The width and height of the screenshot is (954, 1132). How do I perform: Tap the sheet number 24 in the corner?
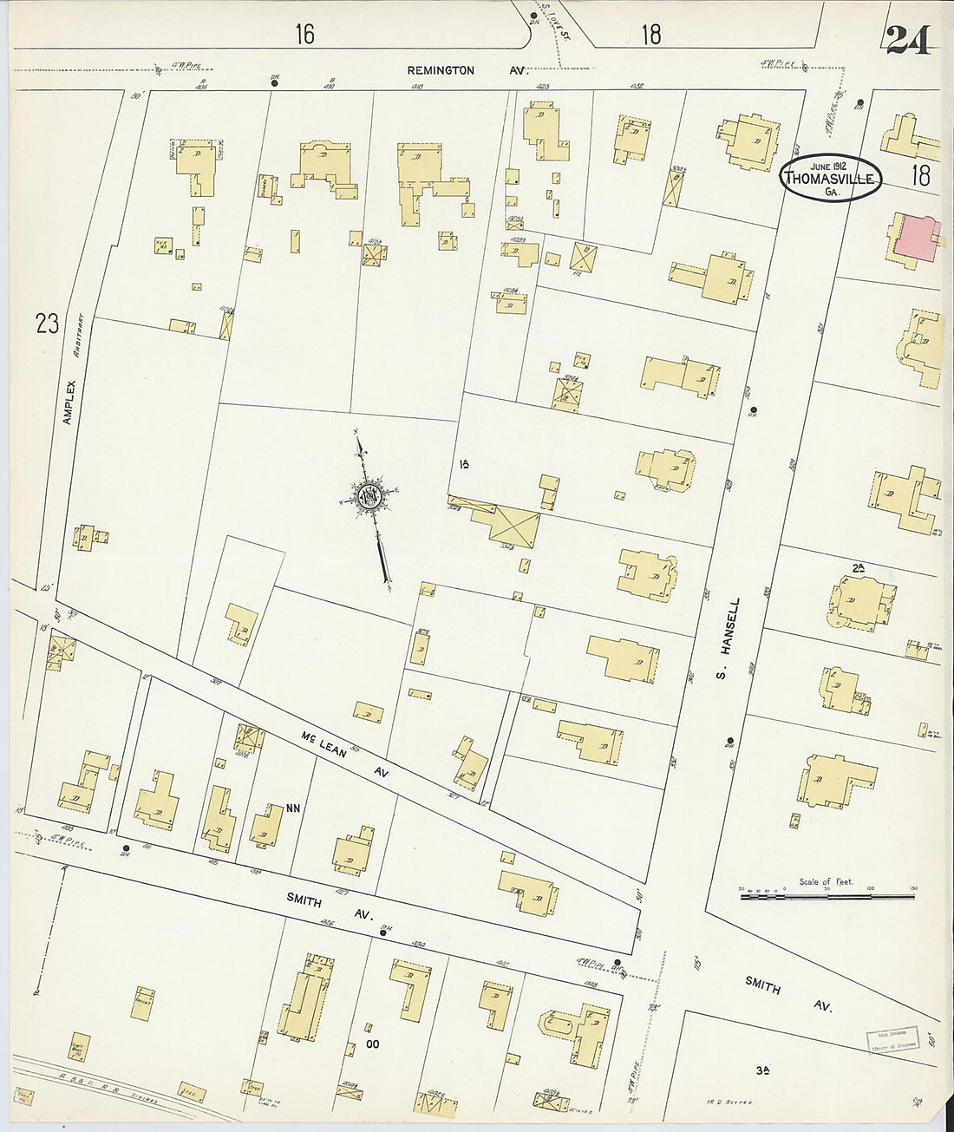point(908,40)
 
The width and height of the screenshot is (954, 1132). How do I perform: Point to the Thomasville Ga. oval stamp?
point(831,179)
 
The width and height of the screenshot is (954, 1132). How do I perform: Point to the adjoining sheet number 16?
point(304,34)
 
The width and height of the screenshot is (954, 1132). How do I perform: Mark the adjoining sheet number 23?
point(48,324)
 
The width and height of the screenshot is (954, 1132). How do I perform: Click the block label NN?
point(293,808)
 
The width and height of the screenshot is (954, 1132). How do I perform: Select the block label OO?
point(373,1044)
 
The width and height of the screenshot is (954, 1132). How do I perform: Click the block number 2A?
point(859,567)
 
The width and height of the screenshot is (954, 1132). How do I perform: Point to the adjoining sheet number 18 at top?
point(651,34)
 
